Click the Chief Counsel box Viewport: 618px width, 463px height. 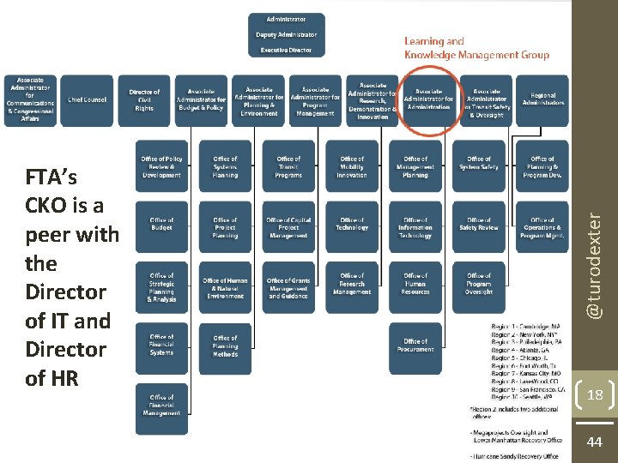[x=87, y=100]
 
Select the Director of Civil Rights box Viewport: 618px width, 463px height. [x=144, y=100]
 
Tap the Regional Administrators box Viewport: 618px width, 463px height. [x=542, y=100]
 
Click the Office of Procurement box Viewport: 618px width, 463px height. [x=415, y=346]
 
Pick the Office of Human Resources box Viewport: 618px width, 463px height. [x=415, y=286]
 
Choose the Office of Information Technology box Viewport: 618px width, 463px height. [x=415, y=227]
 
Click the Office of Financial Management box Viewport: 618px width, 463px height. [x=161, y=406]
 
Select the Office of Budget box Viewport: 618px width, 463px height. [x=161, y=225]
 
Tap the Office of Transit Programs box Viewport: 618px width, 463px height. [x=288, y=166]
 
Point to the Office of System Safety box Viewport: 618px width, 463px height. [x=479, y=163]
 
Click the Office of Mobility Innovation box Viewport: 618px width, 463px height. [x=352, y=166]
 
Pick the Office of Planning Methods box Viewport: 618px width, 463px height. [x=225, y=346]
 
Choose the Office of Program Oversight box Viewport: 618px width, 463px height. [x=479, y=286]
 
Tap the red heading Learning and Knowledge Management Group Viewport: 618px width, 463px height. [x=476, y=47]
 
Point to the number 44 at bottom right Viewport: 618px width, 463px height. [x=594, y=442]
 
